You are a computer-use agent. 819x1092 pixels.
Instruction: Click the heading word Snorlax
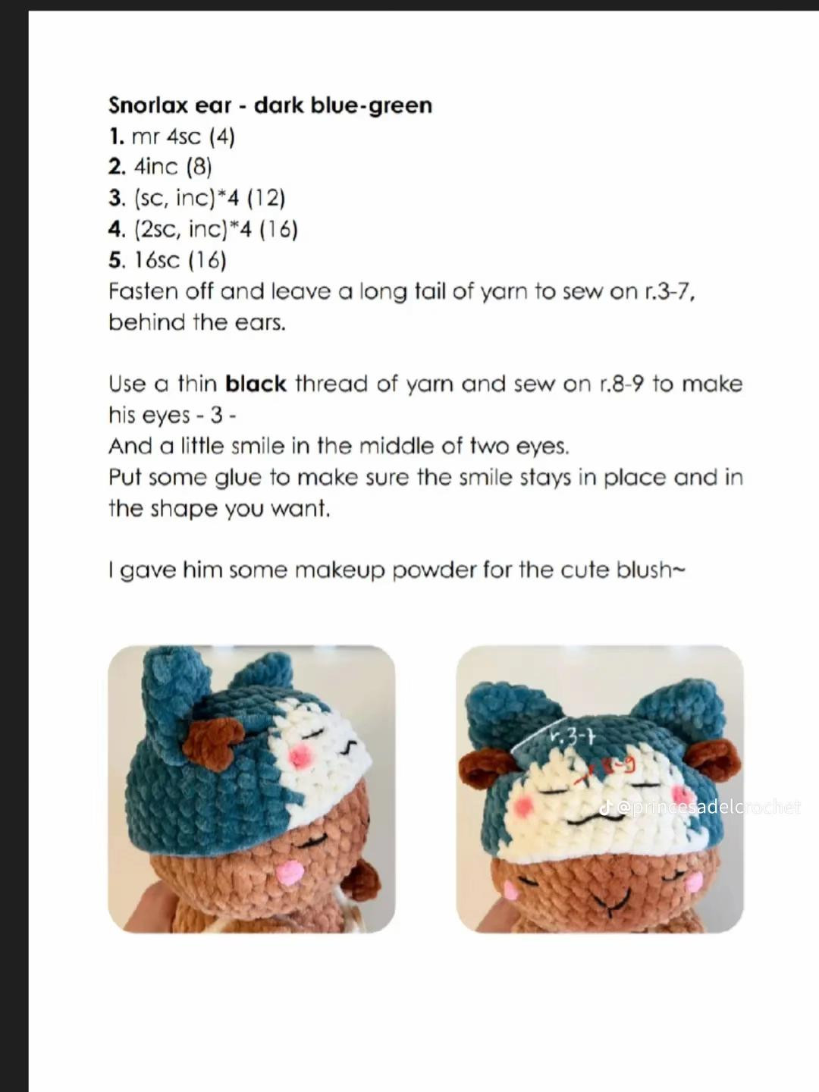pyautogui.click(x=147, y=105)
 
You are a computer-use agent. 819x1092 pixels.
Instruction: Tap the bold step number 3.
pyautogui.click(x=116, y=198)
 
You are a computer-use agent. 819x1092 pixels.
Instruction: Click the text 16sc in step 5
pyautogui.click(x=157, y=260)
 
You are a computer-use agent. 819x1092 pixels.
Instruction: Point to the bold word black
pyautogui.click(x=256, y=384)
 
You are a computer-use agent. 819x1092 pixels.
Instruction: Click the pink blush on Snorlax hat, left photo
pyautogui.click(x=300, y=755)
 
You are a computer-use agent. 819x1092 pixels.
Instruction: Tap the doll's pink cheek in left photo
pyautogui.click(x=290, y=874)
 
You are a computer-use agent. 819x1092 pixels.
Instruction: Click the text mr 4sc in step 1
pyautogui.click(x=166, y=136)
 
